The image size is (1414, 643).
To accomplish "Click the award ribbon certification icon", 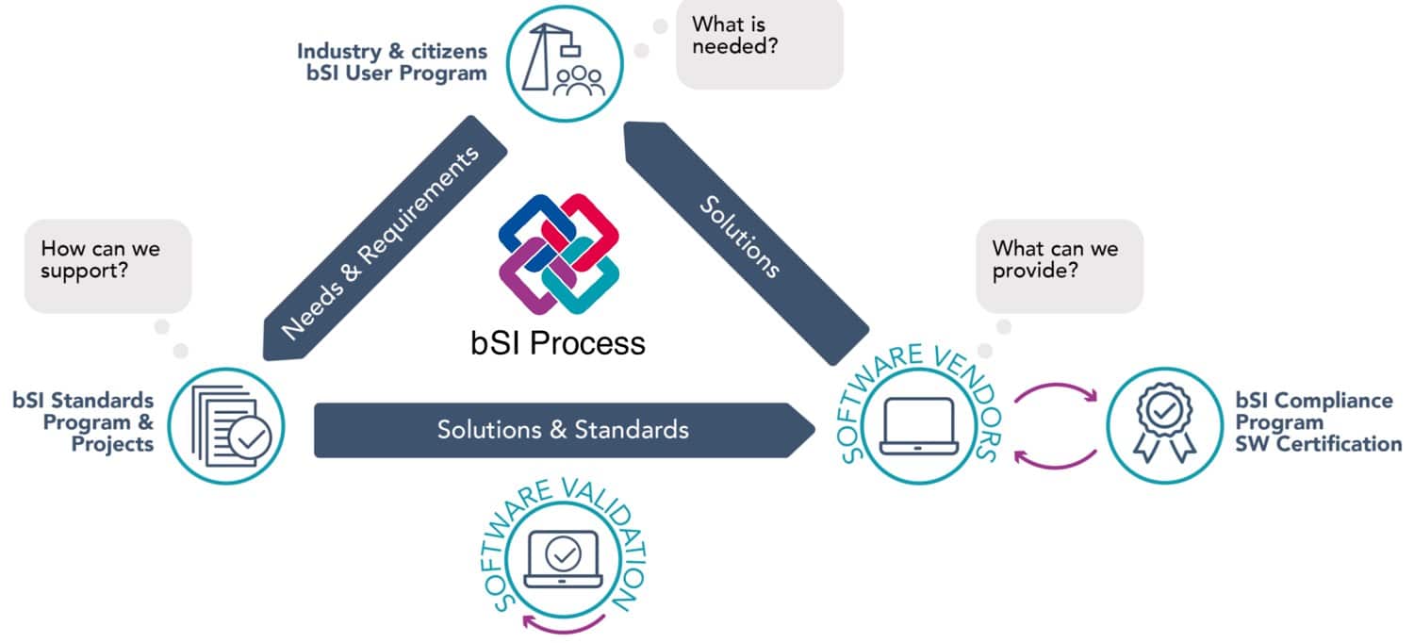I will [x=1164, y=423].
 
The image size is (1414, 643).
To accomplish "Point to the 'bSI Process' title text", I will [x=558, y=342].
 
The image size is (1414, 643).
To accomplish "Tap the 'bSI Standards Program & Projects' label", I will [x=84, y=421].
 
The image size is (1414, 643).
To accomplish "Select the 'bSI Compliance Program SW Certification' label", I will [x=1318, y=421].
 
